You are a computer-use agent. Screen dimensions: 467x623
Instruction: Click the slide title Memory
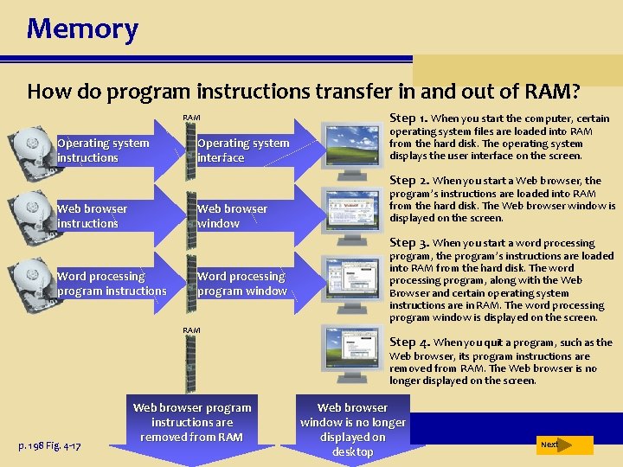tap(82, 29)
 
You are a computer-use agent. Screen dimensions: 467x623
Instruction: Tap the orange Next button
tap(563, 445)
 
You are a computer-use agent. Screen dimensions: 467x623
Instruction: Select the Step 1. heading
tap(408, 118)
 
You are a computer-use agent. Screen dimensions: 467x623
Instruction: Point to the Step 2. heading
tap(408, 181)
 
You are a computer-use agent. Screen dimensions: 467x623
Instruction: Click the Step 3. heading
tap(408, 243)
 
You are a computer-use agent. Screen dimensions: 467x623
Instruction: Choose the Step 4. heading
tap(408, 342)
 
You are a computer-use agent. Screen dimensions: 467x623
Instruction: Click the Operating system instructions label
tap(103, 150)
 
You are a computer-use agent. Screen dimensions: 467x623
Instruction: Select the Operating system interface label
tap(243, 150)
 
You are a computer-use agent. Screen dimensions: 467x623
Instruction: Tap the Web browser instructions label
tap(92, 216)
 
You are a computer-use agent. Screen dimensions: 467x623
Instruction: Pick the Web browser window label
tap(232, 216)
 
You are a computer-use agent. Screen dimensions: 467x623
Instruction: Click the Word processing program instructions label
tap(112, 284)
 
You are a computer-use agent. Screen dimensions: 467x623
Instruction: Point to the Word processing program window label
tap(242, 284)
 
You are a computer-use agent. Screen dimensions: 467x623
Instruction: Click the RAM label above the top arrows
tap(191, 118)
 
